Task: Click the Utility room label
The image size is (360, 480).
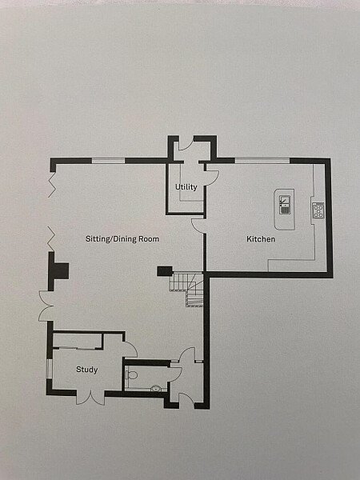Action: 186,186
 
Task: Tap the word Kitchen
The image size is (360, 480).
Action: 261,238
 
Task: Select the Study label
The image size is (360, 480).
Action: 87,370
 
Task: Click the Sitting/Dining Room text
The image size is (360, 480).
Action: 122,238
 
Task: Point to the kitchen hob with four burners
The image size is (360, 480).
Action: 318,210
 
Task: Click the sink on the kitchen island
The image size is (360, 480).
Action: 285,205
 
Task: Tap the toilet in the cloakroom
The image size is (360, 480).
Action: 130,375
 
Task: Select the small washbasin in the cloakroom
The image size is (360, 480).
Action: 156,389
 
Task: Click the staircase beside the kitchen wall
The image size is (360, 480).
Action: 187,290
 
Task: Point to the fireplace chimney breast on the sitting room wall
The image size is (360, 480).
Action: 59,271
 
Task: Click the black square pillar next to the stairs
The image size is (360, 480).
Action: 165,271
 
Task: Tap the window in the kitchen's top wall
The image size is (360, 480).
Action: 262,161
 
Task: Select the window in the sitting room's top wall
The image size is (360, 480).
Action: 108,161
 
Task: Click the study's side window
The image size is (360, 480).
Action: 49,369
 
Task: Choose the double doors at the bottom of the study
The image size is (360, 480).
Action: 90,398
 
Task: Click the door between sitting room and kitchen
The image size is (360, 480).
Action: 198,226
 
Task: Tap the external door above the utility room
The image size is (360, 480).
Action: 186,143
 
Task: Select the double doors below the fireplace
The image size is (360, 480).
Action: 46,306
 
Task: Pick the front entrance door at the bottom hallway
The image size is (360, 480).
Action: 187,401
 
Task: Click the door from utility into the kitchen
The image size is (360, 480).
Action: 212,178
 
